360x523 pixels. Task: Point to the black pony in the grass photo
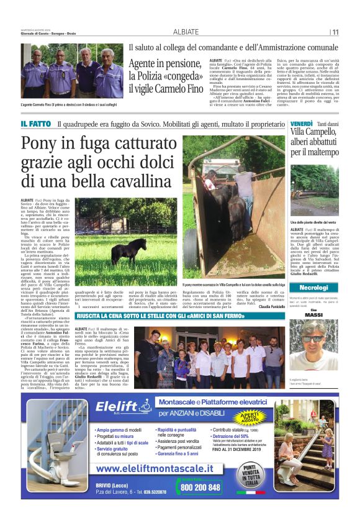(x=124, y=250)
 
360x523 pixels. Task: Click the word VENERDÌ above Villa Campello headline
(x=301, y=124)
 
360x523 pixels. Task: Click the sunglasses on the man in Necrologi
(x=313, y=338)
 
